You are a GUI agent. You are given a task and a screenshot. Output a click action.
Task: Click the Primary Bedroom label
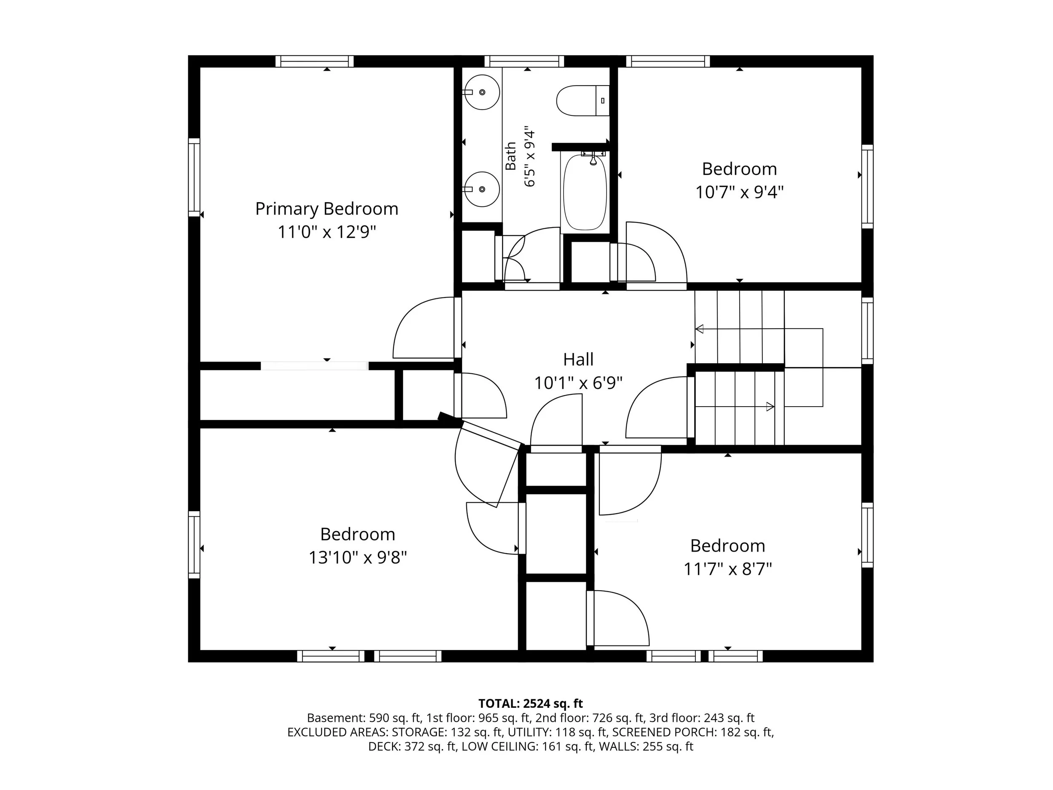326,209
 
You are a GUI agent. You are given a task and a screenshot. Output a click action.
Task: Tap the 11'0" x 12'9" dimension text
326,233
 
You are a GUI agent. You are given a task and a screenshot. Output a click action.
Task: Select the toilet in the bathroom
583,100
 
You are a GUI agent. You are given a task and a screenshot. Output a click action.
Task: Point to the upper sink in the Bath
482,92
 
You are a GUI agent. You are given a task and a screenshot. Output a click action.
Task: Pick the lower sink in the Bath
482,189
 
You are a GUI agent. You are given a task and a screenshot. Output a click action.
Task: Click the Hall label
578,359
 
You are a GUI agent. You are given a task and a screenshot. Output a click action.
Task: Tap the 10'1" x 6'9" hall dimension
578,383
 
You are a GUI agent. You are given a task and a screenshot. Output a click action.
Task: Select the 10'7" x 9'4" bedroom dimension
739,193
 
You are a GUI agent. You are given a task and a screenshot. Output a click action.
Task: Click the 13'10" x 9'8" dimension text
358,557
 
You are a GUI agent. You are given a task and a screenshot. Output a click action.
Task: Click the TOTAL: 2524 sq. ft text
530,703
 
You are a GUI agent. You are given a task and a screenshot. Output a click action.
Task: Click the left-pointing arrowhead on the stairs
699,329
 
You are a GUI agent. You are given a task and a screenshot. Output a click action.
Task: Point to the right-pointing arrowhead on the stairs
770,407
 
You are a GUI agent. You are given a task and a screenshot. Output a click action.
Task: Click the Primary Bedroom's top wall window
315,62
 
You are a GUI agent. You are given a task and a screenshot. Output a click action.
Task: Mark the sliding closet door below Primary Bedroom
314,366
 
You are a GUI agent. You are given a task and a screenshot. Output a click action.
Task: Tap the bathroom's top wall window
524,62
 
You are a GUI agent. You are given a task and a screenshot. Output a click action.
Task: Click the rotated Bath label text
510,156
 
